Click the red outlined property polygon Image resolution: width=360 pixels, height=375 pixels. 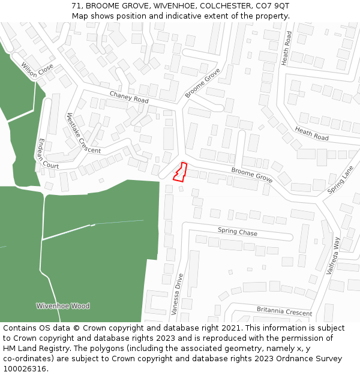pyautogui.click(x=180, y=172)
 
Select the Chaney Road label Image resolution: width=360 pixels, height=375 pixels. pyautogui.click(x=129, y=97)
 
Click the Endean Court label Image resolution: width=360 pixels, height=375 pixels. pyautogui.click(x=47, y=153)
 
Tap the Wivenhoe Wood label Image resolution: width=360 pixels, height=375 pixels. pyautogui.click(x=62, y=306)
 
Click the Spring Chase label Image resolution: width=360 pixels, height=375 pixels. pyautogui.click(x=237, y=232)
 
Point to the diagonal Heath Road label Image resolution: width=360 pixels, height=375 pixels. pyautogui.click(x=311, y=134)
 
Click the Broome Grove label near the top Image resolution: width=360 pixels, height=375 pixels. pyautogui.click(x=202, y=83)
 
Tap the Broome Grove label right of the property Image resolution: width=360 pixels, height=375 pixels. pyautogui.click(x=252, y=175)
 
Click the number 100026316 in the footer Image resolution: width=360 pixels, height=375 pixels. pyautogui.click(x=24, y=369)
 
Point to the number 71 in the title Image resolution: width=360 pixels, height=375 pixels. pyautogui.click(x=76, y=5)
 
